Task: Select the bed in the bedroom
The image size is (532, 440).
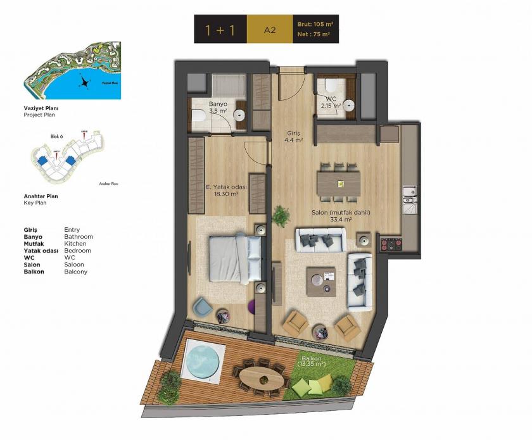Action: [x=235, y=258]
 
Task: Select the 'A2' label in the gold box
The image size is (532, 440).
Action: [x=270, y=30]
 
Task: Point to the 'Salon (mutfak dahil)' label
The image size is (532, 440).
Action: [x=341, y=213]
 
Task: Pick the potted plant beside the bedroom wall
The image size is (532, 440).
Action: [x=279, y=215]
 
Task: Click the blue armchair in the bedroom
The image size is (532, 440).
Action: [x=202, y=307]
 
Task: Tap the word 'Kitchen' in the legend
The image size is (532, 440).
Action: [x=75, y=244]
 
